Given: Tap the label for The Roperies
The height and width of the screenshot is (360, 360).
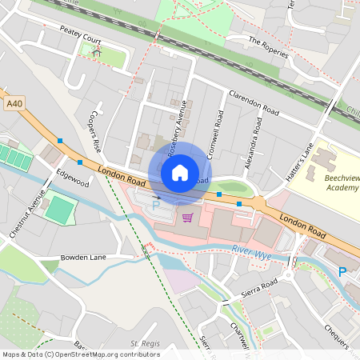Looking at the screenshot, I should click(x=267, y=46).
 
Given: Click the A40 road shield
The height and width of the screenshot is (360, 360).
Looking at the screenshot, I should click(x=14, y=104).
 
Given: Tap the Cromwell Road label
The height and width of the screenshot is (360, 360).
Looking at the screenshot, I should click(x=215, y=131).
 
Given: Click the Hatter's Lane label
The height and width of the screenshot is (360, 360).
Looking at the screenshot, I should click(x=297, y=161).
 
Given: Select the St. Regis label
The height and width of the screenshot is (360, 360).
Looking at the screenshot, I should click(x=146, y=344).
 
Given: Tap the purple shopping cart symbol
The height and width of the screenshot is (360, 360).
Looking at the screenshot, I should click(x=187, y=218).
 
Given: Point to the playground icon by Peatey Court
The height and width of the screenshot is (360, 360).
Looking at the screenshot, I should click(x=97, y=51).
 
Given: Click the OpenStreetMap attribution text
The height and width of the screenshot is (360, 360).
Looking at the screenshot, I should click(x=81, y=354).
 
